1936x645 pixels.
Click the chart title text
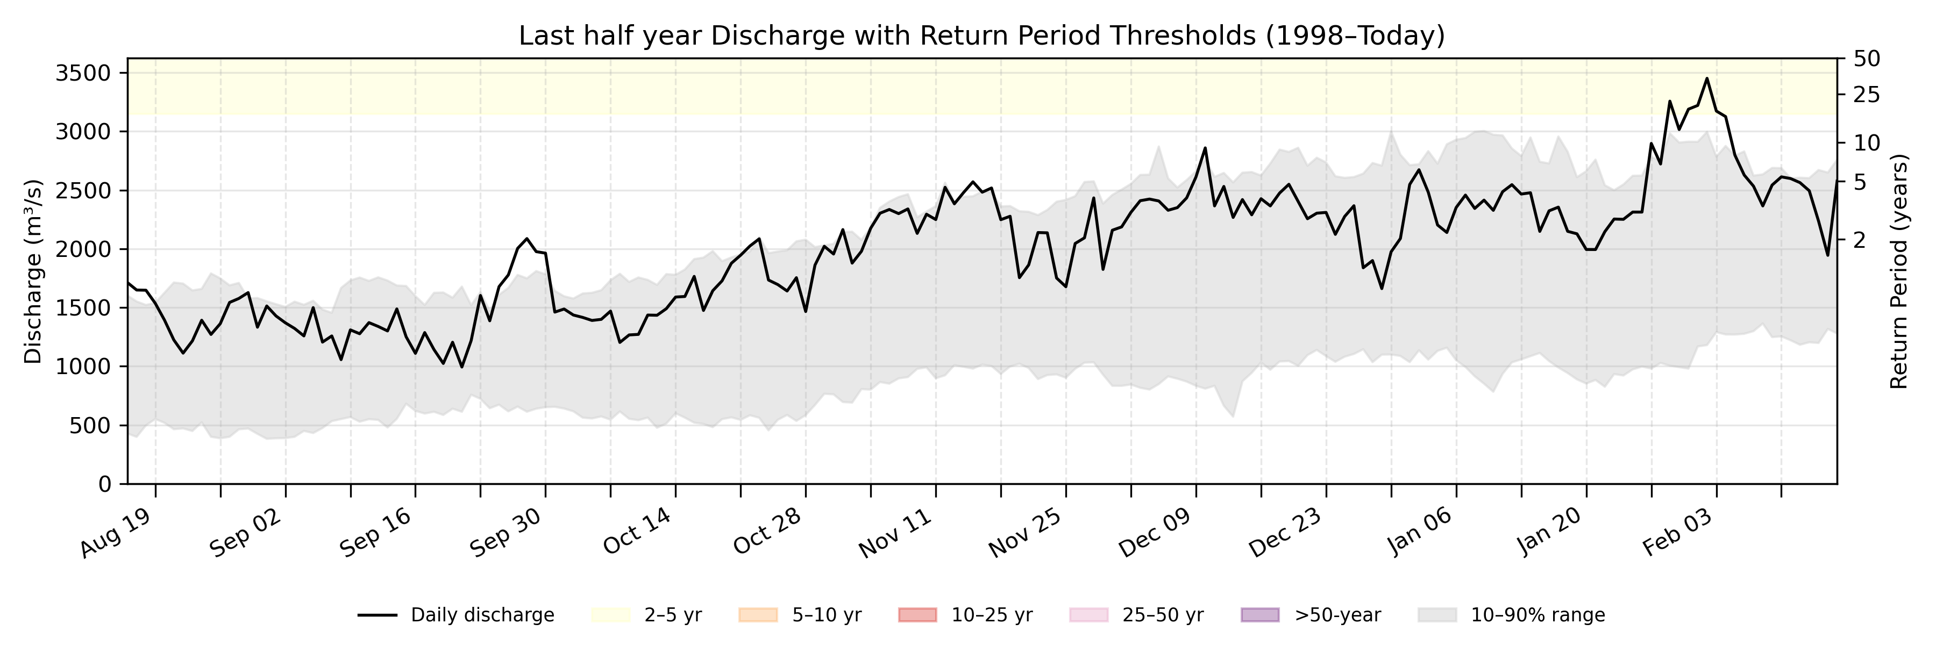click(x=981, y=35)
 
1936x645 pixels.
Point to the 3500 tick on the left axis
click(x=83, y=73)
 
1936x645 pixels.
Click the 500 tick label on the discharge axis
click(x=90, y=426)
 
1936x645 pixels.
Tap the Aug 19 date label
click(x=117, y=533)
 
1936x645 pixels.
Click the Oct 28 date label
click(x=767, y=533)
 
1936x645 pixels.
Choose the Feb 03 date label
click(x=1677, y=533)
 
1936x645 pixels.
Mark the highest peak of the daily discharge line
click(x=1707, y=78)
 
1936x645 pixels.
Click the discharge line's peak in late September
click(x=527, y=239)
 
